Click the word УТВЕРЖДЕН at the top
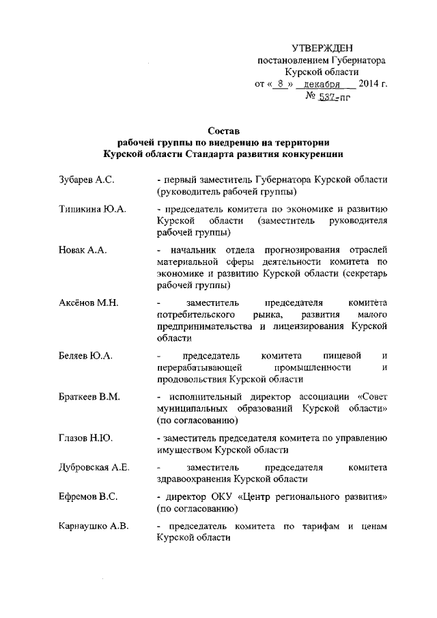click(322, 48)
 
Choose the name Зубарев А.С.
click(86, 180)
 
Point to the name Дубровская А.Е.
click(94, 468)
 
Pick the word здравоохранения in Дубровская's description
click(192, 479)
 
